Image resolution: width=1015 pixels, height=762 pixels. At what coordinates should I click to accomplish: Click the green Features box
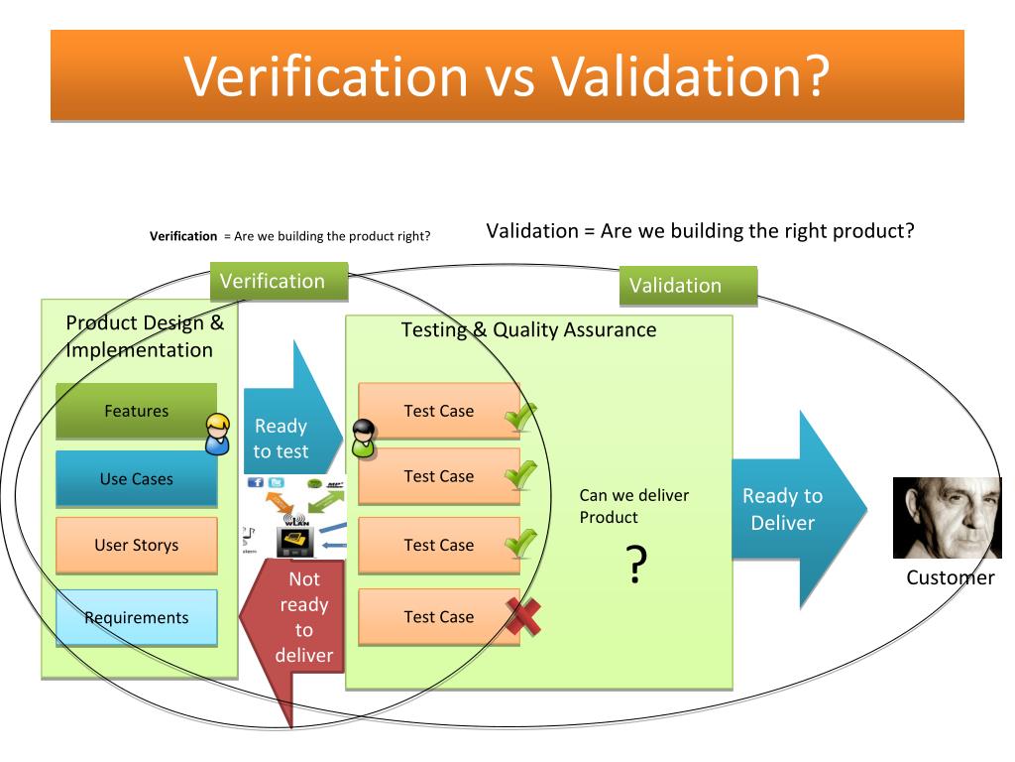pos(136,411)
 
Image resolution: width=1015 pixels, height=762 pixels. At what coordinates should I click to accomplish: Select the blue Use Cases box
pos(136,479)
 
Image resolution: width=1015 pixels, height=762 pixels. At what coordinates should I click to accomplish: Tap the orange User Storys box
pos(136,545)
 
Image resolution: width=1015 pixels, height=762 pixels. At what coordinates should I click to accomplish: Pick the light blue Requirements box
pos(136,617)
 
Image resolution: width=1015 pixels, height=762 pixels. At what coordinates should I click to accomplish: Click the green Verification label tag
pos(279,282)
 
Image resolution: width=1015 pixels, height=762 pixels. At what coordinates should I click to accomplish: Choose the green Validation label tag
pos(687,286)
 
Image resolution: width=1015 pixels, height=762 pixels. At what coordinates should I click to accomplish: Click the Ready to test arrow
pos(287,427)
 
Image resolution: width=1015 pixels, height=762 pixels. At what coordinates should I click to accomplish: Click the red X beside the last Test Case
pos(523,620)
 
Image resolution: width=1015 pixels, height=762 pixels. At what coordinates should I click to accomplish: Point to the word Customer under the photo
pos(950,578)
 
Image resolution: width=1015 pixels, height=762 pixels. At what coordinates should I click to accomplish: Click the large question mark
pos(636,565)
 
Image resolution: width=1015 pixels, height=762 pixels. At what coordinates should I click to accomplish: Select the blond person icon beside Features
pos(217,434)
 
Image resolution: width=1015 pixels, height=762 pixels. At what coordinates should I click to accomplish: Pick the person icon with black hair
pos(364,439)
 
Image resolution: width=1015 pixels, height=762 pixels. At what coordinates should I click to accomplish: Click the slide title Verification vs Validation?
pos(507,76)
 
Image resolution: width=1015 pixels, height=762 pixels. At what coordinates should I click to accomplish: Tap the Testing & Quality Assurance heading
pos(528,330)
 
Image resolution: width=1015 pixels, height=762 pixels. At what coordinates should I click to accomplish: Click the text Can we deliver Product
pos(633,506)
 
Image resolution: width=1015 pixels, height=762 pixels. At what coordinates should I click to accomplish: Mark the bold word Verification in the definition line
pos(183,236)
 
